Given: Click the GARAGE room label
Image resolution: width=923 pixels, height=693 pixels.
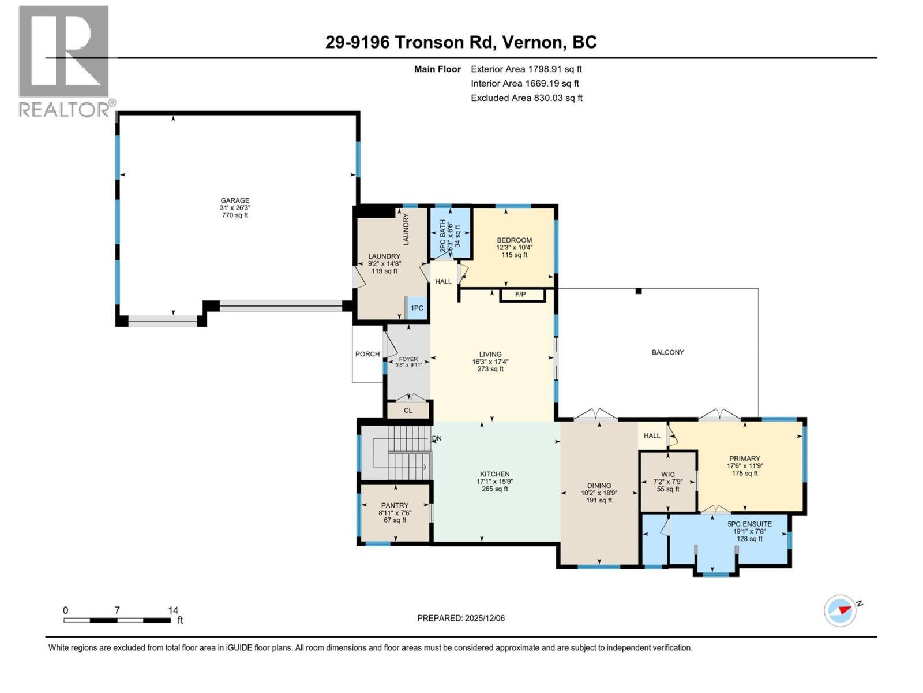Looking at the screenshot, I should (234, 200).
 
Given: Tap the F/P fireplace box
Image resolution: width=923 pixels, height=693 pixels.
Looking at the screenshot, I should (521, 295).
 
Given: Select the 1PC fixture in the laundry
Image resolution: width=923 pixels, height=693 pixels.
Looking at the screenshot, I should (417, 308).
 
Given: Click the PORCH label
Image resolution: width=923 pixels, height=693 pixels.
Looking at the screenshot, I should (367, 354).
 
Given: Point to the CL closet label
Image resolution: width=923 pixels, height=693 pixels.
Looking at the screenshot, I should (408, 411).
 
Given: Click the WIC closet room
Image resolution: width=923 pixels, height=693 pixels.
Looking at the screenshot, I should (668, 481).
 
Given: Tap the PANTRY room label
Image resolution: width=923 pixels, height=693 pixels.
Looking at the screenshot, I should (395, 505).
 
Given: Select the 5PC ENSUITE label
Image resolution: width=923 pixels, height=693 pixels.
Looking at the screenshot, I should (749, 524).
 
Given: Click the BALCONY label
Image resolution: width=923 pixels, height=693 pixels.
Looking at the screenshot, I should (667, 352).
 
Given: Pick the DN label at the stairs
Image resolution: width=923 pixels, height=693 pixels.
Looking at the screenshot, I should (437, 438).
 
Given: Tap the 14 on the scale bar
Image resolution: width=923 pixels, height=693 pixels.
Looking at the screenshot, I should (173, 610).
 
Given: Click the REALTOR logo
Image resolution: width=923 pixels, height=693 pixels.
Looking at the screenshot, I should (65, 61).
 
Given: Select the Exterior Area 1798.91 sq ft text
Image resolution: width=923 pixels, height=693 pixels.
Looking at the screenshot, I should (526, 69).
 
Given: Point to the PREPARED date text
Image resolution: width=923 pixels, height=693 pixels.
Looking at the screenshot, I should (461, 618).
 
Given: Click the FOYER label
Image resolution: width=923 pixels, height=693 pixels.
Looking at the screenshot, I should (408, 359).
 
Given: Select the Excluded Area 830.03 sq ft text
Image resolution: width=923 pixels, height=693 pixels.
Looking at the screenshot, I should (527, 98).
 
